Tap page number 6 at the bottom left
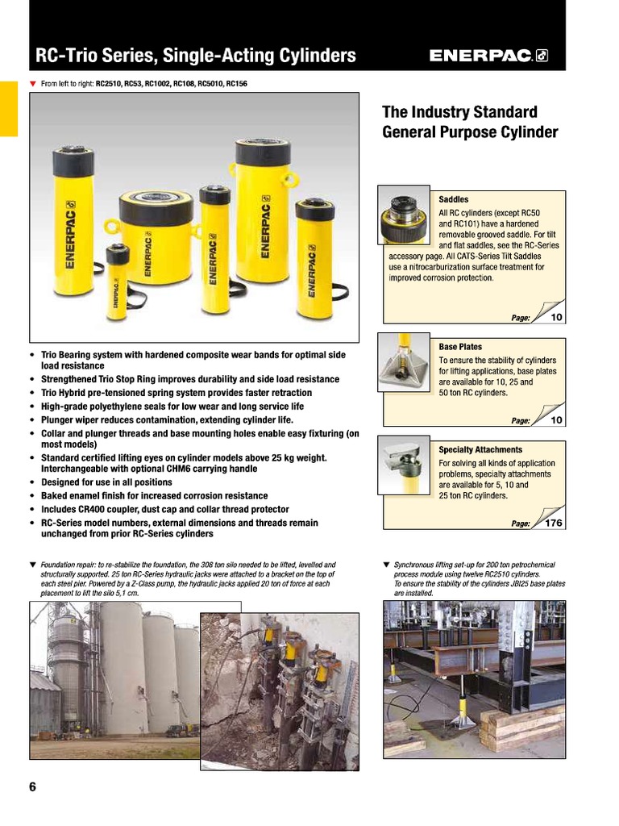pyautogui.click(x=33, y=787)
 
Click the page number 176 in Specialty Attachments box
pyautogui.click(x=553, y=524)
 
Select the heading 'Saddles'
pyautogui.click(x=453, y=199)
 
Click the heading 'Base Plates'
pyautogui.click(x=460, y=347)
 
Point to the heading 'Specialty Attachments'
pyautogui.click(x=480, y=450)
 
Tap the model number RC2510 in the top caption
pyautogui.click(x=110, y=82)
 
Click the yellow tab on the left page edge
pyautogui.click(x=8, y=108)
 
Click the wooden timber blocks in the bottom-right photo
pyautogui.click(x=528, y=725)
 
